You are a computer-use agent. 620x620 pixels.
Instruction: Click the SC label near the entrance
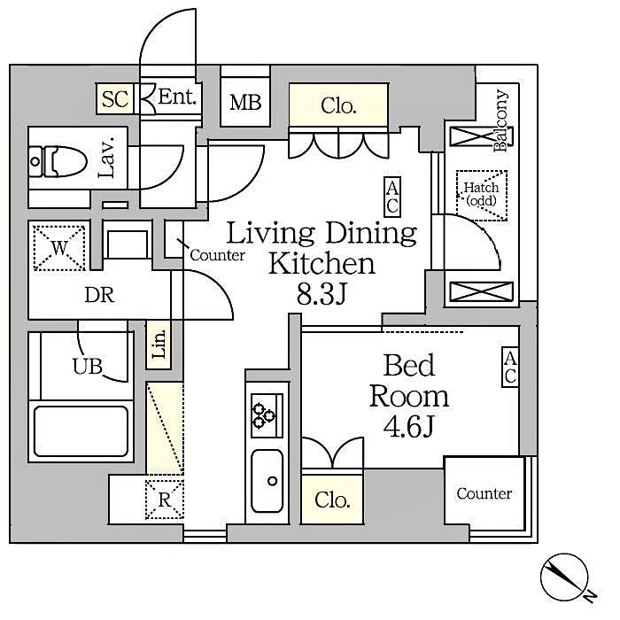point(114,98)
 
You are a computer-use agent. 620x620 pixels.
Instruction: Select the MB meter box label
point(245,103)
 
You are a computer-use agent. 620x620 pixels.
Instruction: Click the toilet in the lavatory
point(58,161)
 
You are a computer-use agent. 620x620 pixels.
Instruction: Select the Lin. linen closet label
point(159,345)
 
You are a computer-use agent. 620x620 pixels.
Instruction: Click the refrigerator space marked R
point(164,500)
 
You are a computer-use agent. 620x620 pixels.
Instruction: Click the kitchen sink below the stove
point(267,480)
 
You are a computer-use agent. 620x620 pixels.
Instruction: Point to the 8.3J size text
point(322,293)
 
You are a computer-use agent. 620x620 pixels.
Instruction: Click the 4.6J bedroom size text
point(408,426)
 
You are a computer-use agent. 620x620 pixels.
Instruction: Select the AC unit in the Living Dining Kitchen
point(392,196)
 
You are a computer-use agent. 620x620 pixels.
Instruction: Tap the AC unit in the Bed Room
point(510,367)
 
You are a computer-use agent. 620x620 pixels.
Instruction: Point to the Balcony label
point(502,121)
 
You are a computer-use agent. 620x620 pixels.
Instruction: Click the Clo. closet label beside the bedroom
point(332,499)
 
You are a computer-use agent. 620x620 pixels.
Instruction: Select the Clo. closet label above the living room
point(338,107)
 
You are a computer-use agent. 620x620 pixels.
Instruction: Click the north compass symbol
point(564,577)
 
